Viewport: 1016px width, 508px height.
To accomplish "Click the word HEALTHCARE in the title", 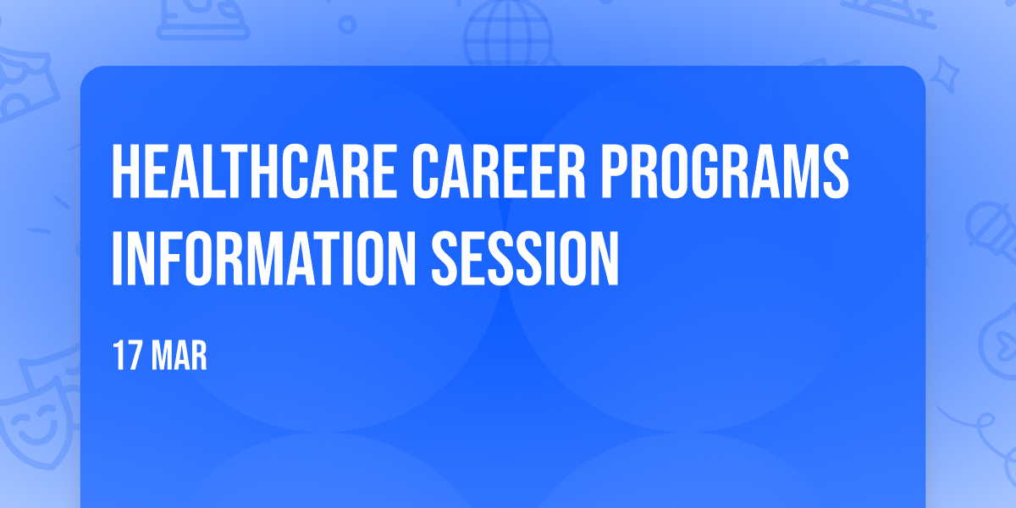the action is coord(255,171).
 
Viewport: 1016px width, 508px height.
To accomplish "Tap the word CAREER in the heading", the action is coord(499,171).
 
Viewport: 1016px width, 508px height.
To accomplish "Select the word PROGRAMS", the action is coord(725,171).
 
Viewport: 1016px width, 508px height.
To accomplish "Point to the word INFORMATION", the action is coord(263,258).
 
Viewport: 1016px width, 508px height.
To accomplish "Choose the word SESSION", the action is coord(525,258).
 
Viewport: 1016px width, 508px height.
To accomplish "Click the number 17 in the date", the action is coord(128,356).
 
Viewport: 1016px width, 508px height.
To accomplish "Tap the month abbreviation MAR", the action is coord(179,356).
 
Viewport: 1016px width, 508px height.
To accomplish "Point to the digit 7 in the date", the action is coord(135,356).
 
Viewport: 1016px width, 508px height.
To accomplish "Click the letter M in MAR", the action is coord(163,356).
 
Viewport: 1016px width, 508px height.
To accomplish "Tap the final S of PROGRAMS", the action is coord(836,171).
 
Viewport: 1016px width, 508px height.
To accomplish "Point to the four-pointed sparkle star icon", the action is coord(944,75).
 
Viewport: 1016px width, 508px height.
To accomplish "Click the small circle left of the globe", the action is coord(347,25).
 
